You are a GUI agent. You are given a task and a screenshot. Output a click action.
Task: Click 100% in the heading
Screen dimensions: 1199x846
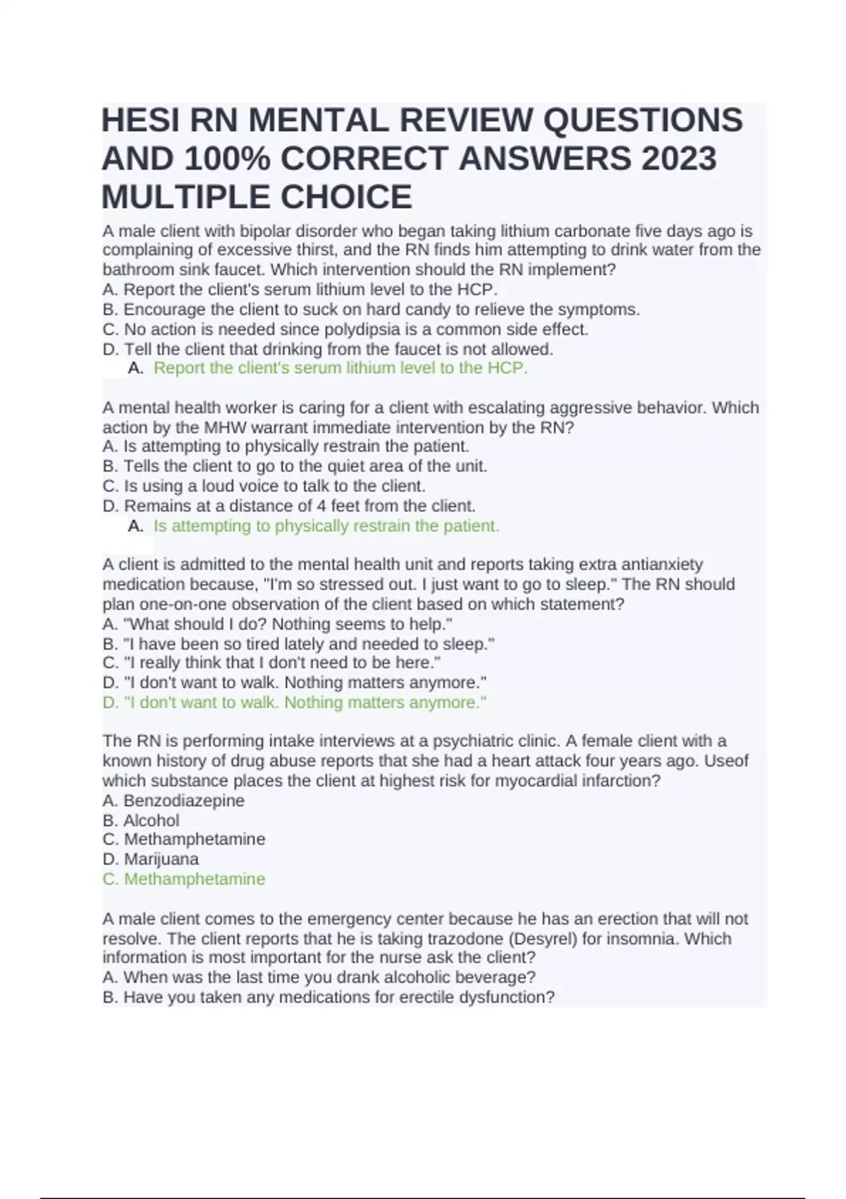pyautogui.click(x=227, y=158)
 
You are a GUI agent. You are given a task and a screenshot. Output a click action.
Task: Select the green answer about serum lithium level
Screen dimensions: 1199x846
pyautogui.click(x=340, y=368)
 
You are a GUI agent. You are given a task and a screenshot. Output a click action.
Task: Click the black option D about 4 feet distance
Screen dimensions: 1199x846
pyautogui.click(x=289, y=506)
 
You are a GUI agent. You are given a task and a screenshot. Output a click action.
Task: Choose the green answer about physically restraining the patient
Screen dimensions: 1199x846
pyautogui.click(x=326, y=526)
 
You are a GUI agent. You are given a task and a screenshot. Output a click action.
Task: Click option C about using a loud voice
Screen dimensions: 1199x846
pyautogui.click(x=264, y=486)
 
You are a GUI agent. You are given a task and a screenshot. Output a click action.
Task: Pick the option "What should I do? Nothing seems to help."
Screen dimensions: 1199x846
pyautogui.click(x=278, y=624)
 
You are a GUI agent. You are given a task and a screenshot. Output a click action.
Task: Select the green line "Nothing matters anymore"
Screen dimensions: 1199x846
pyautogui.click(x=294, y=702)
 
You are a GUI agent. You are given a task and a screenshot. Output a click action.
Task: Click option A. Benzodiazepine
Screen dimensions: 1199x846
pyautogui.click(x=173, y=801)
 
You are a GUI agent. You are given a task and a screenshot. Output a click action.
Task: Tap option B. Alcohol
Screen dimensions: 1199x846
pyautogui.click(x=141, y=820)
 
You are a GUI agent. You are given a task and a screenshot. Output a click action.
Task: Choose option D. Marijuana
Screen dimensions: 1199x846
pyautogui.click(x=151, y=859)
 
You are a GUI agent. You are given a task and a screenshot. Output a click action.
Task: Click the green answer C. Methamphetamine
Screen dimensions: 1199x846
pyautogui.click(x=184, y=879)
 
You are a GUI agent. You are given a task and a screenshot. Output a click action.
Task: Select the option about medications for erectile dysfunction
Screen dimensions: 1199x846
pyautogui.click(x=329, y=997)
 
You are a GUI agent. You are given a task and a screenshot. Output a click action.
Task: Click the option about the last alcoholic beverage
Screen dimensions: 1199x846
pyautogui.click(x=319, y=978)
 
